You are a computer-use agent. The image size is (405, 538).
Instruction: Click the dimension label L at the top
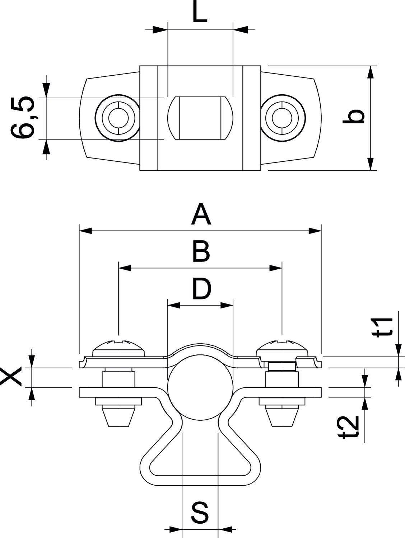pos(200,13)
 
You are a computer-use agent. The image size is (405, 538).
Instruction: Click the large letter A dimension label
pos(201,214)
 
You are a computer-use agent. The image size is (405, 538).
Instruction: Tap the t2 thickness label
pos(350,427)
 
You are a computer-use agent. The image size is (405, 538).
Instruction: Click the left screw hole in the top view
pos(118,117)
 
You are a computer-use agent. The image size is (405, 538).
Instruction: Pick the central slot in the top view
pos(200,118)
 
